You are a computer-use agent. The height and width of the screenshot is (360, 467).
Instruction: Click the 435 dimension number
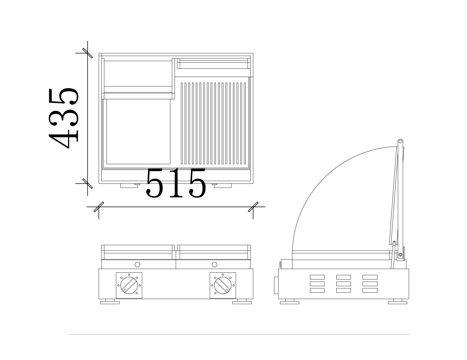[64, 118]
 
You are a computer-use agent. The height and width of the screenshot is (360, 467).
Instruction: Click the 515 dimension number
[176, 183]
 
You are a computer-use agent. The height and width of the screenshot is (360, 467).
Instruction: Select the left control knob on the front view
[129, 285]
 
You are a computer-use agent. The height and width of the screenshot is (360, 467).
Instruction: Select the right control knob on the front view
[222, 285]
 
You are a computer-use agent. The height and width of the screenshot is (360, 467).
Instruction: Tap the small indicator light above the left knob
[137, 264]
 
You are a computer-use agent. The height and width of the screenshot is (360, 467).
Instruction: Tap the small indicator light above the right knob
[215, 264]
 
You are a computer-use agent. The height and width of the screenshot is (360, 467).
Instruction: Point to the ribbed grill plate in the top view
[215, 123]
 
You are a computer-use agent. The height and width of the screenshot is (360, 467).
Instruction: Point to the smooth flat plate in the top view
[138, 132]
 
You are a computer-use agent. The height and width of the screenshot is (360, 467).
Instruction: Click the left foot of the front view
[110, 301]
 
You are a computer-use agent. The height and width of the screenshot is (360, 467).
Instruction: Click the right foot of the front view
[242, 301]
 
